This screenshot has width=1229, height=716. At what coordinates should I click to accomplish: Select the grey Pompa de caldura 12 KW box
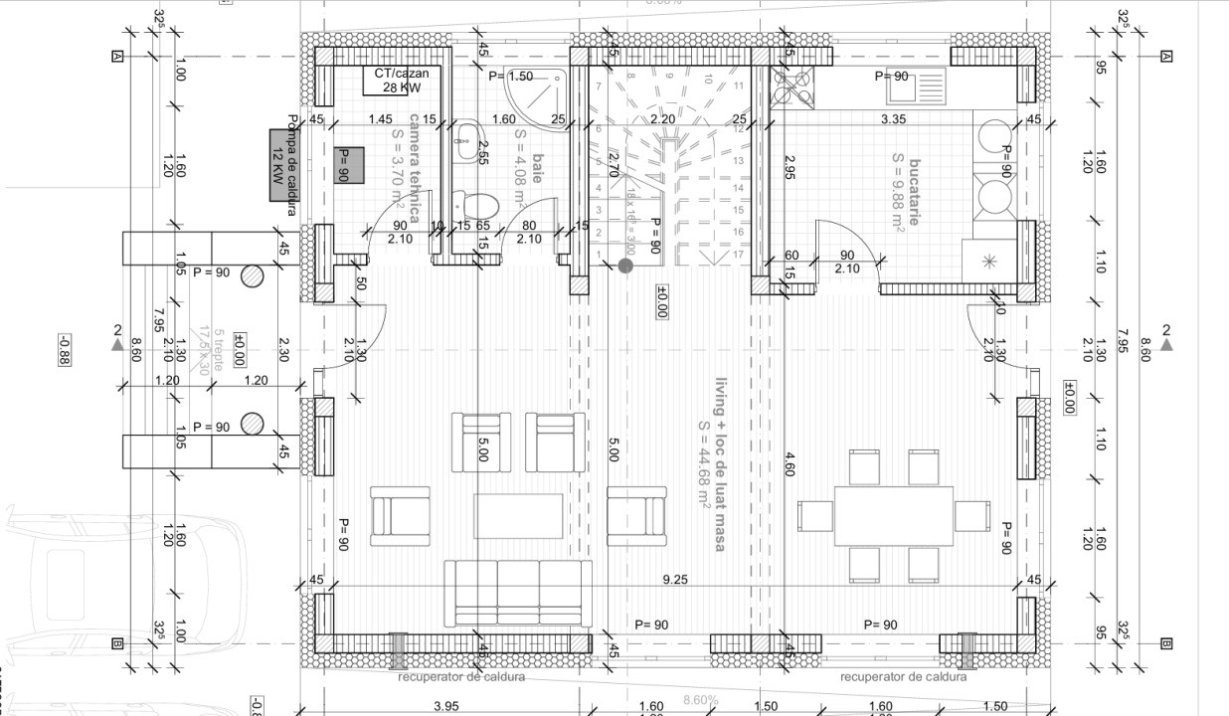pos(284,165)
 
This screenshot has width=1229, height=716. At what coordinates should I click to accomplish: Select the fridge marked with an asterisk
pos(988,262)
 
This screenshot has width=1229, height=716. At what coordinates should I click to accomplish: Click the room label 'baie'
pos(537,162)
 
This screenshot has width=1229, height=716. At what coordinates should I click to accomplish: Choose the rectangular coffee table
pos(511,515)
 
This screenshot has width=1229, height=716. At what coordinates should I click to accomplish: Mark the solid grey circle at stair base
pos(625,266)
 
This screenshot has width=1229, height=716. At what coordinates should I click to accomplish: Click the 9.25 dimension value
pos(675,579)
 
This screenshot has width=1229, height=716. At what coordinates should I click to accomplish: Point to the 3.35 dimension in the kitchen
pos(893,119)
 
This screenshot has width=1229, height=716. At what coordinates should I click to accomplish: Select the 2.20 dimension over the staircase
pos(663,119)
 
